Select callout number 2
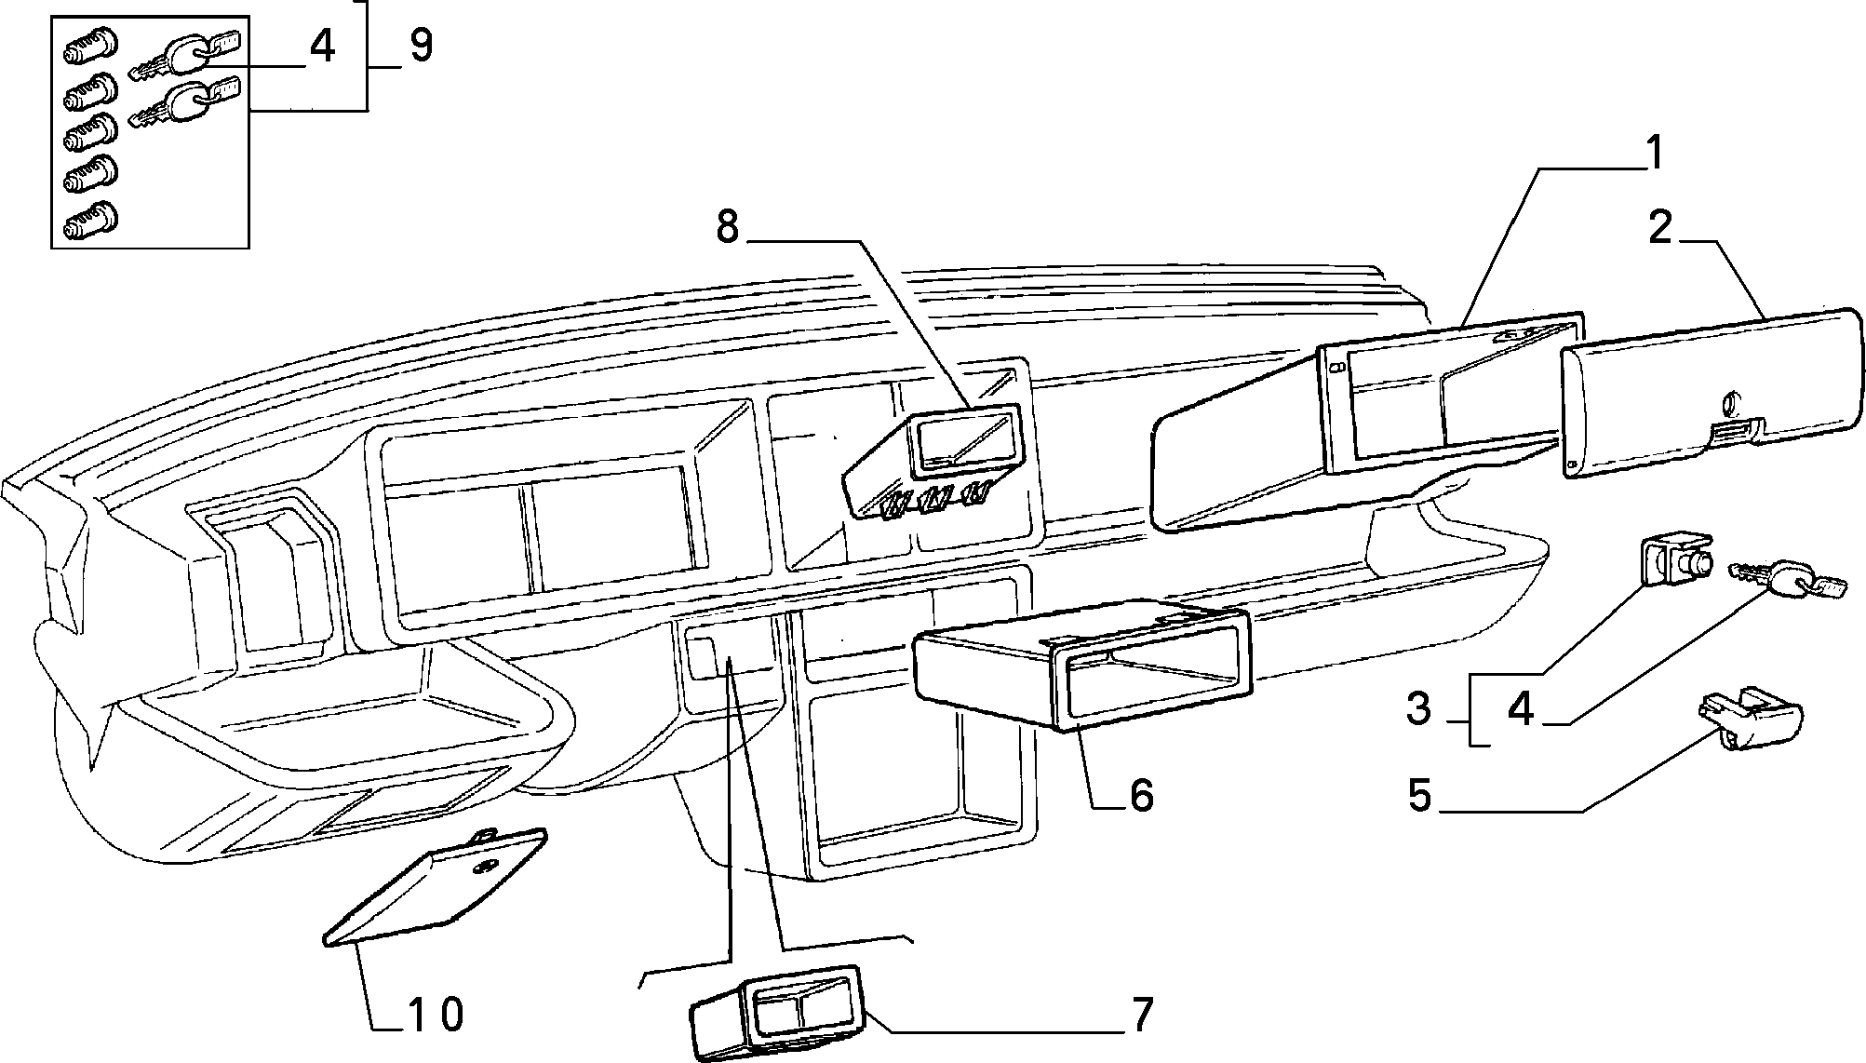pyautogui.click(x=1660, y=227)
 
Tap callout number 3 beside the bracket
pyautogui.click(x=1418, y=710)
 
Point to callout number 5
pyautogui.click(x=1418, y=797)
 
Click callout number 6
pyautogui.click(x=1140, y=796)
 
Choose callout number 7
pyautogui.click(x=1141, y=1015)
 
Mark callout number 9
pyautogui.click(x=421, y=45)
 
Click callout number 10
pyautogui.click(x=436, y=1014)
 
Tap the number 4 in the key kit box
pyautogui.click(x=321, y=46)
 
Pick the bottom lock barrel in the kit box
pyautogui.click(x=90, y=219)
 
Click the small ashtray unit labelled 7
pyautogui.click(x=774, y=1012)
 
